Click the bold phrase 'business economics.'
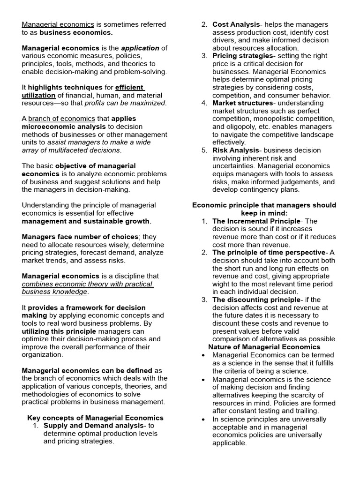click(76, 32)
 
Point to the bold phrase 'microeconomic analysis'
click(64, 127)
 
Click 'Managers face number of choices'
click(80, 237)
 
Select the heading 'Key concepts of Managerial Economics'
click(95, 418)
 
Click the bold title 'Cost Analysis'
click(236, 24)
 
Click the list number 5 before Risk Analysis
click(204, 150)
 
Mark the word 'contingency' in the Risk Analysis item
click(258, 189)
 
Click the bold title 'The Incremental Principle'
click(256, 221)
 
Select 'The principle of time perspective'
click(269, 252)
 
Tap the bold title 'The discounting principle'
click(256, 300)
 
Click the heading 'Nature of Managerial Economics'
click(264, 347)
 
